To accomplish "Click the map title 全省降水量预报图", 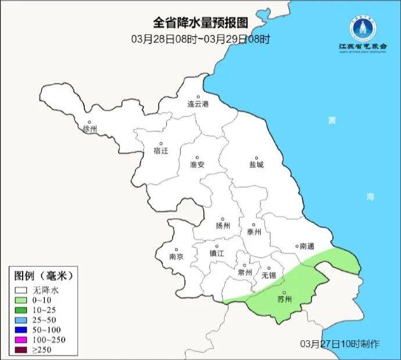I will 201,23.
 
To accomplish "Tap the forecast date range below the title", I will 201,39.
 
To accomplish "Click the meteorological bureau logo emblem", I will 357,26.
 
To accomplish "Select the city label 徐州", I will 90,129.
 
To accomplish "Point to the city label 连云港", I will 198,104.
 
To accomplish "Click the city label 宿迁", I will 160,150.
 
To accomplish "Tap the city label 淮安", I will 198,165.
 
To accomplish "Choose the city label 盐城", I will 256,165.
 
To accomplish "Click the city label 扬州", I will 223,226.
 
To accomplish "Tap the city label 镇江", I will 217,254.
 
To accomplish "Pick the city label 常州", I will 245,272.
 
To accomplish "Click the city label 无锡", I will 268,275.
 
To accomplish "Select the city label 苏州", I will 284,300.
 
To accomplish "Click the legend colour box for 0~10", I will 22,300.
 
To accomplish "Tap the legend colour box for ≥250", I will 22,350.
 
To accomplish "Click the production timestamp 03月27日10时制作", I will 340,343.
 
